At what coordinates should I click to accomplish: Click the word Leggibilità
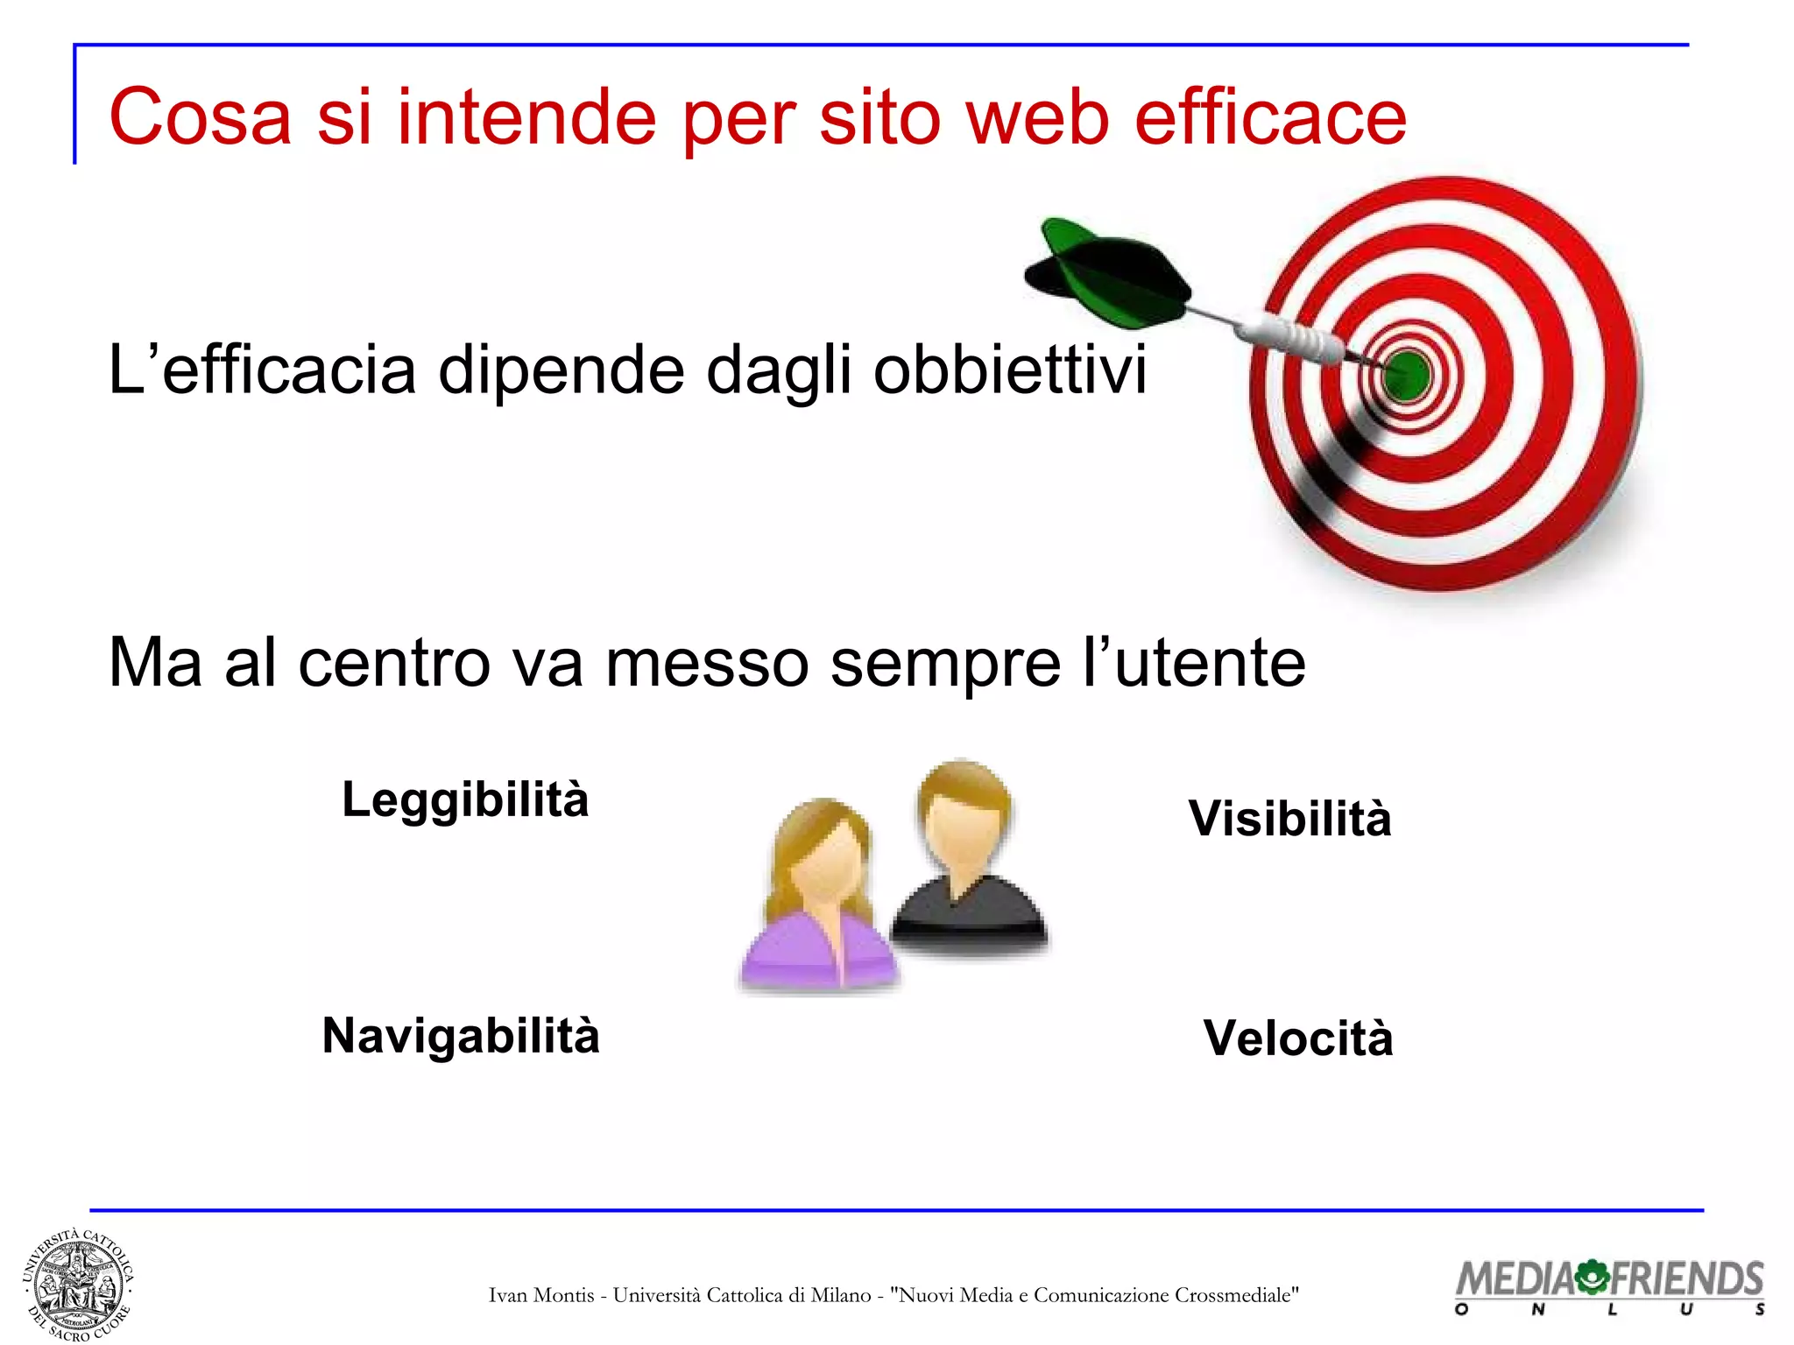[x=465, y=800]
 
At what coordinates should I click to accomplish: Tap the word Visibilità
[x=1289, y=820]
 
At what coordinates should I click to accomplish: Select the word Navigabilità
[x=461, y=1037]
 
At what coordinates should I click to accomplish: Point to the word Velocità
[x=1297, y=1039]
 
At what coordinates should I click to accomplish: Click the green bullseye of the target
[x=1407, y=375]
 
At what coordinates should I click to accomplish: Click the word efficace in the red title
[x=1270, y=117]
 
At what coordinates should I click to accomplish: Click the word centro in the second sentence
[x=393, y=664]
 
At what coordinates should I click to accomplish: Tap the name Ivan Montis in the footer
[x=541, y=1295]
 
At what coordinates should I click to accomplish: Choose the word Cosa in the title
[x=200, y=117]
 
